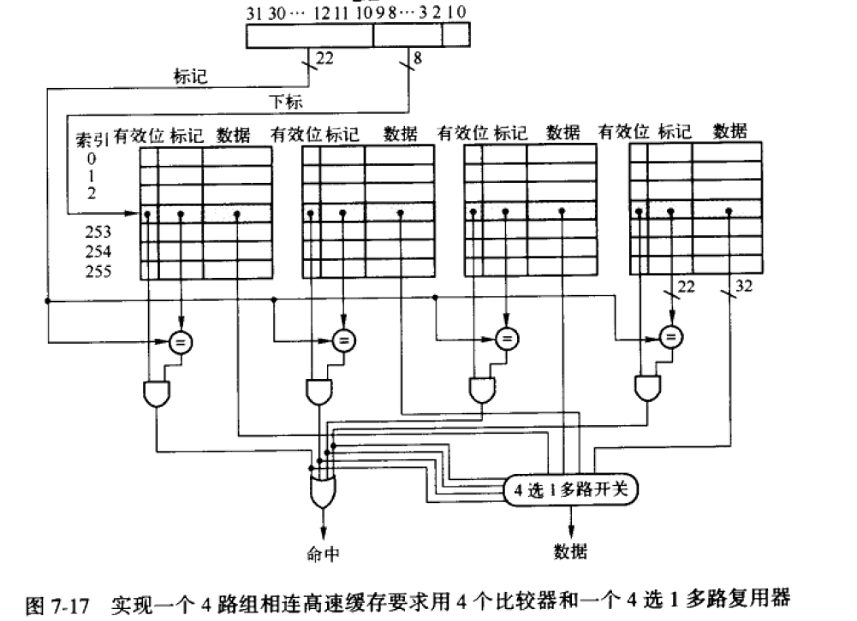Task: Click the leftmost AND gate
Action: [158, 393]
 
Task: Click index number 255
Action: [97, 271]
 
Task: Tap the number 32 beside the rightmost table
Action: [744, 287]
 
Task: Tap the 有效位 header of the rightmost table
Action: [624, 132]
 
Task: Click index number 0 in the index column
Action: [92, 157]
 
